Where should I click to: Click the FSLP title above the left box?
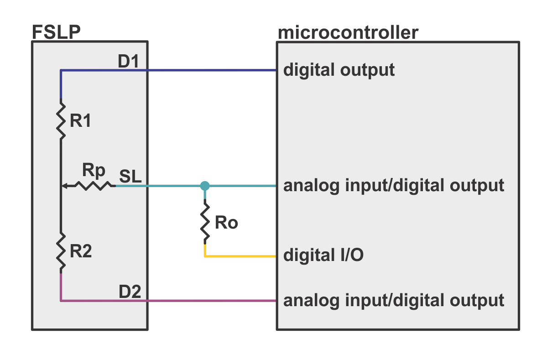point(56,32)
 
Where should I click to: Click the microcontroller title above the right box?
point(348,33)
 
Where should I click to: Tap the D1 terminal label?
point(128,62)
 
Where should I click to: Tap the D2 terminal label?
point(130,292)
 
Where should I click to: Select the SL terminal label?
point(130,176)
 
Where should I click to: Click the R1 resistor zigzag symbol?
point(61,119)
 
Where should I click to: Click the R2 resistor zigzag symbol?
point(61,253)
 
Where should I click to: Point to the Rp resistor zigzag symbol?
point(95,186)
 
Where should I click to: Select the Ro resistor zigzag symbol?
point(205,222)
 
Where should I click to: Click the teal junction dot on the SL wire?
point(205,186)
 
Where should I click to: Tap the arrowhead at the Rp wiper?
point(64,186)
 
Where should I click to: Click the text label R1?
point(81,121)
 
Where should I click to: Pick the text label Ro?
point(226,223)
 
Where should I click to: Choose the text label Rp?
point(94,171)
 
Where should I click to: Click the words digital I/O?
point(323,255)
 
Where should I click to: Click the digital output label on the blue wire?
point(339,70)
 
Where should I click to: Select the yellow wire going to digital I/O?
point(240,256)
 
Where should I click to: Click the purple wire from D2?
point(168,300)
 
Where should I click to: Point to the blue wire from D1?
point(168,70)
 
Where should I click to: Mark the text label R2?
point(81,251)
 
